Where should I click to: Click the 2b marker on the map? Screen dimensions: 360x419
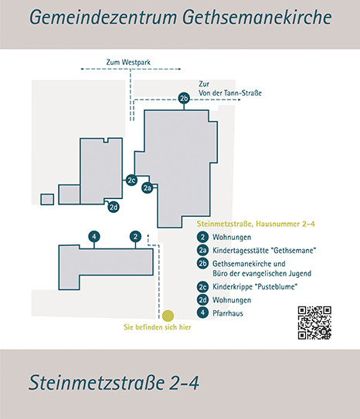pyautogui.click(x=184, y=98)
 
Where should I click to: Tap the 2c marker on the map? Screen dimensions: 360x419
pyautogui.click(x=131, y=180)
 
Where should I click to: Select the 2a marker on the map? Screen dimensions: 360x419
pyautogui.click(x=148, y=188)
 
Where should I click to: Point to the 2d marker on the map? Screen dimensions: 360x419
pyautogui.click(x=114, y=207)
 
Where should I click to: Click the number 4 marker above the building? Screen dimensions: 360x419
pyautogui.click(x=94, y=236)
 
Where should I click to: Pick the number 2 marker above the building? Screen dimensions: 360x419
pyautogui.click(x=135, y=236)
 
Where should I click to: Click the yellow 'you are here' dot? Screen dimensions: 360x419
pyautogui.click(x=168, y=316)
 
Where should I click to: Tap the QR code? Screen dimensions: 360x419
pyautogui.click(x=314, y=323)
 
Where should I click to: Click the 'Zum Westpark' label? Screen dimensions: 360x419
pyautogui.click(x=128, y=63)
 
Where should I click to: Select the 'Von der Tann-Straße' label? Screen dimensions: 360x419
pyautogui.click(x=230, y=93)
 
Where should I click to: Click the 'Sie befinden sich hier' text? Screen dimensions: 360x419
pyautogui.click(x=158, y=327)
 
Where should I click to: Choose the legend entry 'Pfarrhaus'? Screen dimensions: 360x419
pyautogui.click(x=228, y=313)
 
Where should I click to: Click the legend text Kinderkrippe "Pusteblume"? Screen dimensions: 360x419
pyautogui.click(x=255, y=287)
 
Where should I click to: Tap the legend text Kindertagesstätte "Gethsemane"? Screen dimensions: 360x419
pyautogui.click(x=264, y=251)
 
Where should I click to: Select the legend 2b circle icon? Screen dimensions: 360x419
pyautogui.click(x=202, y=263)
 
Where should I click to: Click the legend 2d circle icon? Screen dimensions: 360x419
pyautogui.click(x=202, y=300)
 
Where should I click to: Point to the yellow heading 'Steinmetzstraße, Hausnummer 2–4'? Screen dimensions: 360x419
pyautogui.click(x=256, y=224)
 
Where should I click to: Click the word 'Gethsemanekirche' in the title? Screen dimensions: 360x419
pyautogui.click(x=257, y=17)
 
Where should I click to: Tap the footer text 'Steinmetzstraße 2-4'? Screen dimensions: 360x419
pyautogui.click(x=114, y=383)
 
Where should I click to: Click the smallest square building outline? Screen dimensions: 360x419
pyautogui.click(x=47, y=200)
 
